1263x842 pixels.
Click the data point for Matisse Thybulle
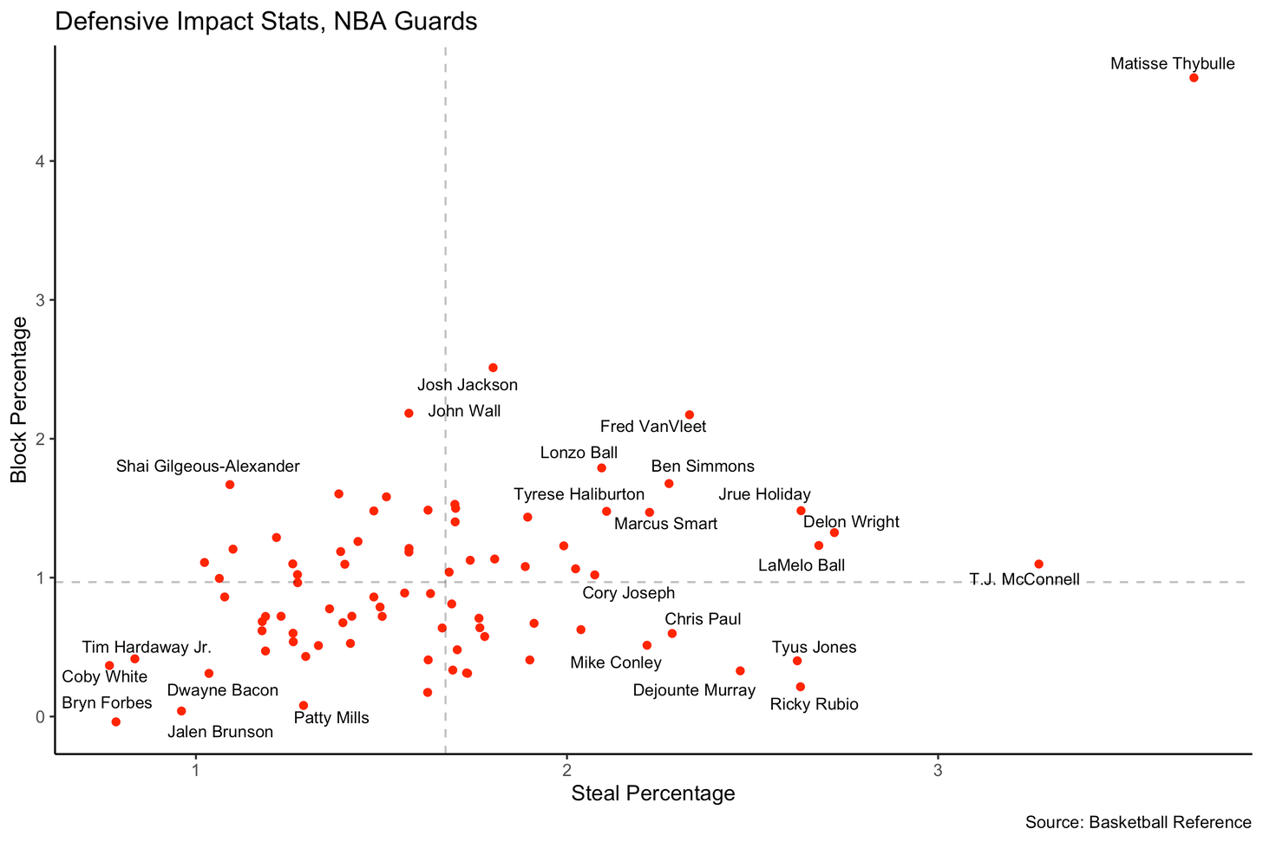pyautogui.click(x=1194, y=78)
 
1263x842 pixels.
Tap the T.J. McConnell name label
pyautogui.click(x=1024, y=579)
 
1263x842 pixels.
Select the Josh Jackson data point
pyautogui.click(x=493, y=368)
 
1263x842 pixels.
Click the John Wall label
pyautogui.click(x=464, y=411)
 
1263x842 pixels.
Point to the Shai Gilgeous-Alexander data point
pyautogui.click(x=230, y=485)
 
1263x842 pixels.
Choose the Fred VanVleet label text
pyautogui.click(x=653, y=427)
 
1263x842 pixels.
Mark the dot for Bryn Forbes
pyautogui.click(x=116, y=722)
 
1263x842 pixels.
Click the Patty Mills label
pyautogui.click(x=331, y=718)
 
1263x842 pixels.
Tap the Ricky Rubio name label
pyautogui.click(x=814, y=704)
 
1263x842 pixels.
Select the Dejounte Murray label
pyautogui.click(x=694, y=691)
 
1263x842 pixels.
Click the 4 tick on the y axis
pyautogui.click(x=39, y=161)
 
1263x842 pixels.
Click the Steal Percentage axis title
pyautogui.click(x=653, y=793)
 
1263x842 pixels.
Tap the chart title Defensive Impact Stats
pyautogui.click(x=265, y=21)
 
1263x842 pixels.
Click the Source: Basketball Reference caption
pyautogui.click(x=1137, y=822)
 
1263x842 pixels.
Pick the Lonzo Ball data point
pyautogui.click(x=601, y=468)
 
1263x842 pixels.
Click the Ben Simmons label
pyautogui.click(x=703, y=467)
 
